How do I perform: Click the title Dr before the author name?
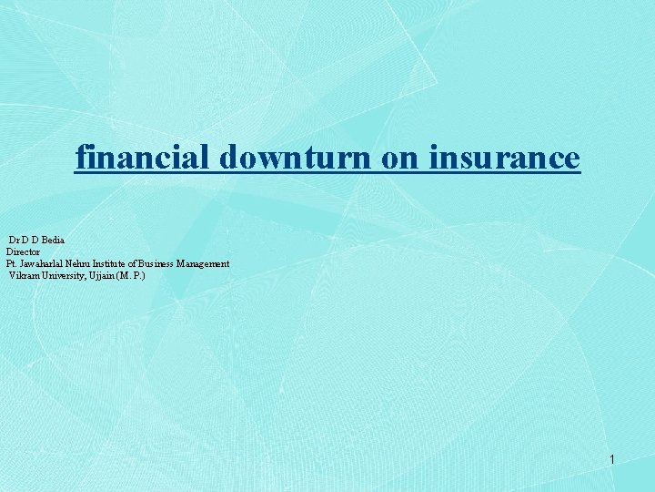click(14, 239)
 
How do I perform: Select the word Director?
click(24, 251)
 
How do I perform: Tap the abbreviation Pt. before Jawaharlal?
click(11, 263)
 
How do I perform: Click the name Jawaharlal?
click(45, 263)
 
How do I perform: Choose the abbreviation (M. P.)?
click(131, 275)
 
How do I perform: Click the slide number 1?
click(612, 460)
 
